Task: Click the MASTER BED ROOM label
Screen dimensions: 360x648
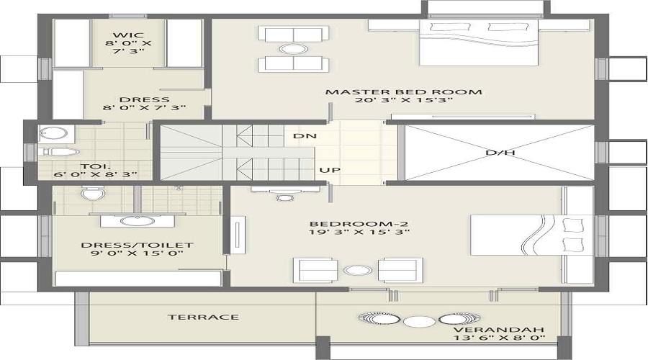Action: (403, 91)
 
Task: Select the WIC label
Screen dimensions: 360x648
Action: (130, 35)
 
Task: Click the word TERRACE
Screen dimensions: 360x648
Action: (193, 317)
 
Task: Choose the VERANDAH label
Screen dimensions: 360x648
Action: (498, 325)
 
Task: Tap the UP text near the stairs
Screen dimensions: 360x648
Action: (329, 171)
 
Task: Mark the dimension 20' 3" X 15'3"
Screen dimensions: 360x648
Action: (403, 101)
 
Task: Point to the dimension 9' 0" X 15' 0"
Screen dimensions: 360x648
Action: (137, 253)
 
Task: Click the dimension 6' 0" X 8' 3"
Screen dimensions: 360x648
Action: (94, 174)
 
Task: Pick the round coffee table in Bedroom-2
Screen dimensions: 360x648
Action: (355, 271)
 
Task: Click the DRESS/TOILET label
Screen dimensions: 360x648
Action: (137, 245)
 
